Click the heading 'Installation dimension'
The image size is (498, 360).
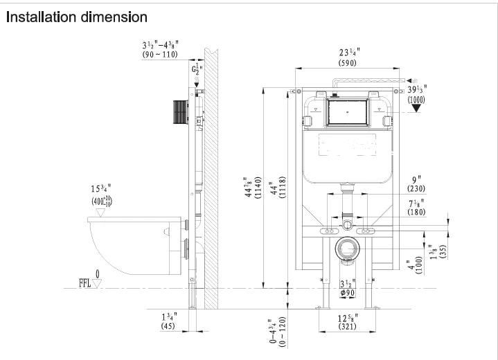77,16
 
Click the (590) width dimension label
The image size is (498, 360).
348,63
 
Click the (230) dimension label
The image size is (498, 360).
416,188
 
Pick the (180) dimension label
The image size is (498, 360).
416,212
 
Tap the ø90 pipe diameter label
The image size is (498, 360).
348,292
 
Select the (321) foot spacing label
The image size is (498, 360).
347,326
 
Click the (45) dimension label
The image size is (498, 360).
168,326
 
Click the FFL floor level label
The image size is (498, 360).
85,283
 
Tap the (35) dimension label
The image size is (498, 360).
442,251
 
